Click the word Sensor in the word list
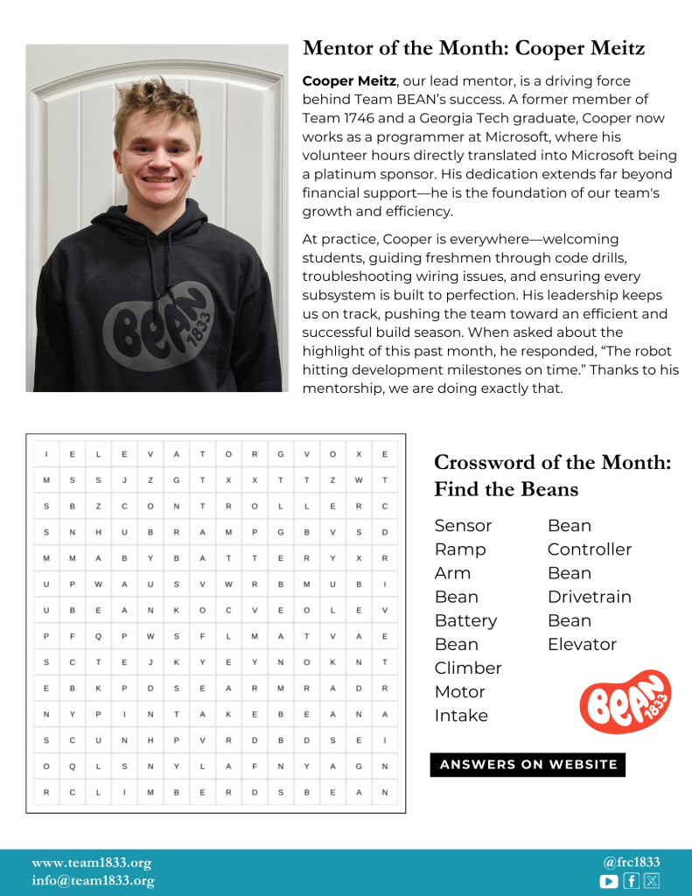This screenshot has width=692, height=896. tap(463, 526)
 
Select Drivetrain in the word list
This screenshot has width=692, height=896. tap(589, 597)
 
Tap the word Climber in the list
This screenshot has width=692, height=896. tap(468, 668)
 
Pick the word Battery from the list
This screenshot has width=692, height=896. tap(465, 620)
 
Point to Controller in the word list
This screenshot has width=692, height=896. tap(589, 549)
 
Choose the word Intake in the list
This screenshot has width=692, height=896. tap(461, 715)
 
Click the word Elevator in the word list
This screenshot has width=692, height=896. tap(582, 644)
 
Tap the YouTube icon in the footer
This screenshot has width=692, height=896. tap(609, 881)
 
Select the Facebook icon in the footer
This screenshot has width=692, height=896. tap(631, 881)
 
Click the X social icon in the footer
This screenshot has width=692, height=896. tap(652, 881)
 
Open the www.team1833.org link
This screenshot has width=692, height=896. tap(92, 863)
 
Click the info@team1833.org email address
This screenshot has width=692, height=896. tap(93, 881)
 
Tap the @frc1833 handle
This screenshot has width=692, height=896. tap(632, 862)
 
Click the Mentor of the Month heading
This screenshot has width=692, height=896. tap(473, 48)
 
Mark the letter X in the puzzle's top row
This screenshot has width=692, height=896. tap(358, 453)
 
